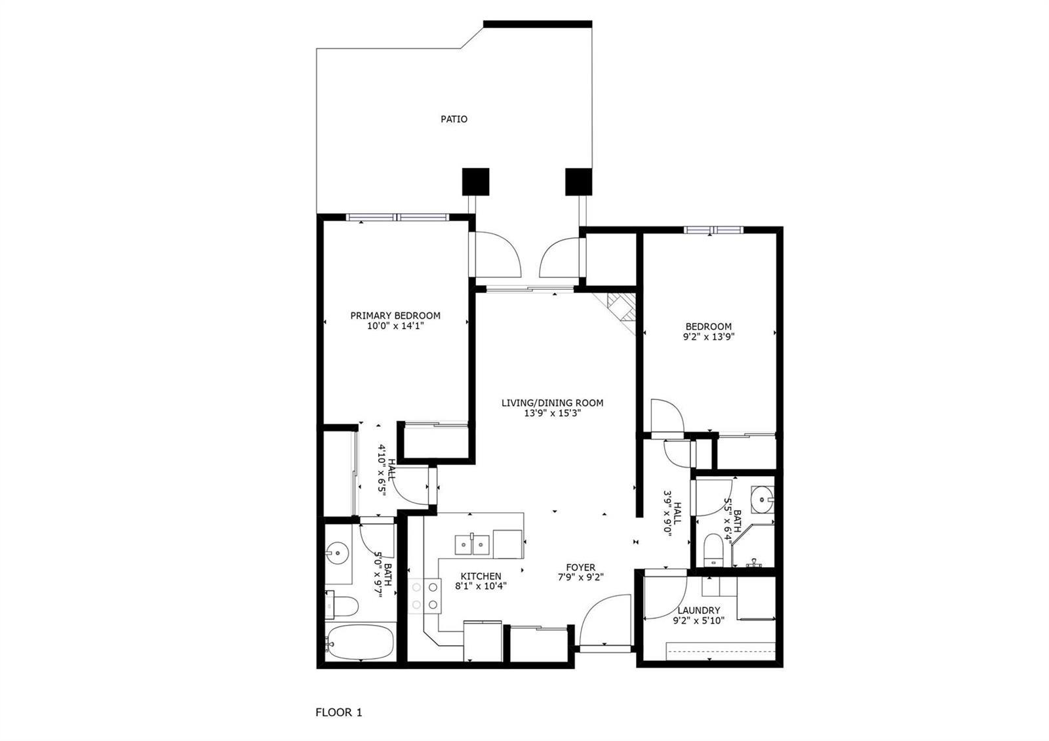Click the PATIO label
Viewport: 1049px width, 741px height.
[454, 119]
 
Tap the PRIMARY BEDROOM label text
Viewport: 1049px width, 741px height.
[395, 315]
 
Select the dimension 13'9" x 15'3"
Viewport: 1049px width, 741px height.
[553, 413]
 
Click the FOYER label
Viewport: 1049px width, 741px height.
[581, 568]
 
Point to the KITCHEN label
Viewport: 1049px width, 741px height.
[481, 576]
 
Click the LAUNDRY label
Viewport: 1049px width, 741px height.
[699, 611]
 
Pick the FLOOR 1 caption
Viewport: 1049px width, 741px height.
[339, 713]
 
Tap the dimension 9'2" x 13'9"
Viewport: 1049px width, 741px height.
[709, 337]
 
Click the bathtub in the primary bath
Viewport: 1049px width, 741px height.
[361, 641]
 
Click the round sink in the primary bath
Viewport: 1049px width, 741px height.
[338, 553]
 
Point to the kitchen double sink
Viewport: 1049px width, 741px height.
[472, 545]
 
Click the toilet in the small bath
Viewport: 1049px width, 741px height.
[714, 550]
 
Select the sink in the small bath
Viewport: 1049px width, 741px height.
[762, 499]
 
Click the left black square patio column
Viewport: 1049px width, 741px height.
[476, 182]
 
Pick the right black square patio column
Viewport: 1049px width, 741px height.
[579, 182]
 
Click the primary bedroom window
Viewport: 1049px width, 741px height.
[397, 217]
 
